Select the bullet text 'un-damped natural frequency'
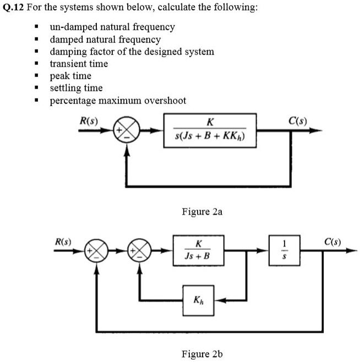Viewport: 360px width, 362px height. point(112,27)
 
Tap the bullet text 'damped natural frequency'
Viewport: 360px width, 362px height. point(105,40)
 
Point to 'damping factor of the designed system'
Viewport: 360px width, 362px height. point(132,52)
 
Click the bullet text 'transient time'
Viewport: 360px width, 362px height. point(79,64)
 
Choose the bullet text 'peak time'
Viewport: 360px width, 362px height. point(70,76)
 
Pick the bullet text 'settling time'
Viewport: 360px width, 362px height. point(76,88)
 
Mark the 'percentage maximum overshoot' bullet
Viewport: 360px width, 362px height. point(118,101)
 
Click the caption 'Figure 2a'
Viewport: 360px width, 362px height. point(201,211)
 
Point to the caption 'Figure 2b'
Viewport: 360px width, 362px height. point(201,354)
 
